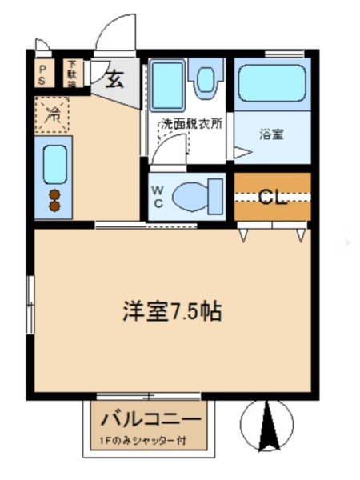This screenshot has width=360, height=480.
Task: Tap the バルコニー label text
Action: [150, 419]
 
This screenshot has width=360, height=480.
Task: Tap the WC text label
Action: [158, 196]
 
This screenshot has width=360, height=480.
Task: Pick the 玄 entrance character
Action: [115, 79]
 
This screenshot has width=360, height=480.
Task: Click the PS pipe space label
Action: [42, 74]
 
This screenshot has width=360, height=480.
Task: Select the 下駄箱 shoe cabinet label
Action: [73, 74]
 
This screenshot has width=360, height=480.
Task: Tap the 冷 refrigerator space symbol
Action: [53, 113]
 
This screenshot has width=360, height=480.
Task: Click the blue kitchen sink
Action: [54, 165]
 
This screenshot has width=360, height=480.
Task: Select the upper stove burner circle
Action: [55, 194]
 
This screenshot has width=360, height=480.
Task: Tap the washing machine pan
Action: [168, 86]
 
